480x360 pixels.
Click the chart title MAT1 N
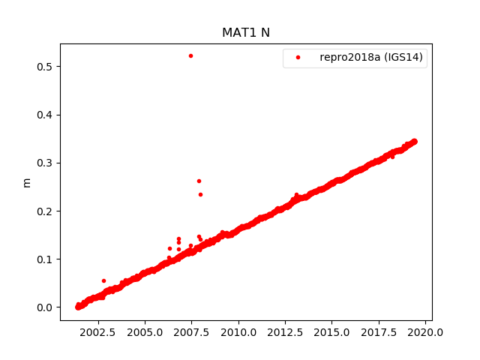[245, 33]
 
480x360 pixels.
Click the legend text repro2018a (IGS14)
[372, 58]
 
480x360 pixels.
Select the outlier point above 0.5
[190, 55]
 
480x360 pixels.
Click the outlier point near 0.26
[199, 181]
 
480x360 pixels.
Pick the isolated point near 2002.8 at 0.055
[103, 280]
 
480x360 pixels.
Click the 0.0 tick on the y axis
[46, 307]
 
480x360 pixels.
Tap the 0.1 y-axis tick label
[46, 259]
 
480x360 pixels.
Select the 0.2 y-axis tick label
[46, 211]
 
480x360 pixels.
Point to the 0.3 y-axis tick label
[46, 163]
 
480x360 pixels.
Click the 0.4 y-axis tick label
[46, 115]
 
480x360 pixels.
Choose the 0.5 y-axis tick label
[46, 67]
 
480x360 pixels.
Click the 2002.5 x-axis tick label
[98, 332]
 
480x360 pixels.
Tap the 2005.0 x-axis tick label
[145, 332]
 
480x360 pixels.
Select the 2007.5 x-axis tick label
[192, 332]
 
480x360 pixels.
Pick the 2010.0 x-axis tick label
[238, 332]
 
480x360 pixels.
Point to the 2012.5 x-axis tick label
[286, 332]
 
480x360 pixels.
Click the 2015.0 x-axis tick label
[332, 332]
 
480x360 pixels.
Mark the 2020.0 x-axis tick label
[426, 332]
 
